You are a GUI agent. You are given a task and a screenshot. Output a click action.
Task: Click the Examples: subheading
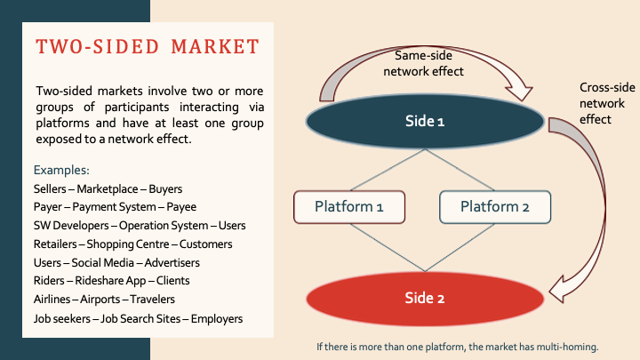61,169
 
